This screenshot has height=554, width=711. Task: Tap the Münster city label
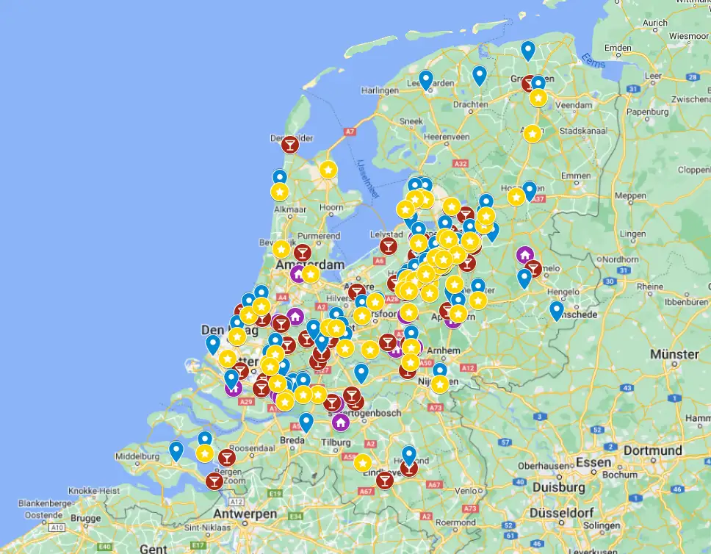pyautogui.click(x=674, y=354)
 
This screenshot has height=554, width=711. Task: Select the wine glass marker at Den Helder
pyautogui.click(x=290, y=144)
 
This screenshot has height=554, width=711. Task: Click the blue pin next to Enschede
pyautogui.click(x=557, y=310)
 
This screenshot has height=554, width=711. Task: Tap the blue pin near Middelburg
pyautogui.click(x=176, y=450)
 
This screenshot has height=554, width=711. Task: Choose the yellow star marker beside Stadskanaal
pyautogui.click(x=533, y=134)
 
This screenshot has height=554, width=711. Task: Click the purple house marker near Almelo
pyautogui.click(x=524, y=255)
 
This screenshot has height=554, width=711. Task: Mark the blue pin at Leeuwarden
pyautogui.click(x=426, y=79)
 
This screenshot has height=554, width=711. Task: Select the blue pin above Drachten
pyautogui.click(x=480, y=75)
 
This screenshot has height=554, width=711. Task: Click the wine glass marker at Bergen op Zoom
pyautogui.click(x=214, y=481)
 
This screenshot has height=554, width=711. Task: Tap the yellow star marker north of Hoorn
pyautogui.click(x=328, y=170)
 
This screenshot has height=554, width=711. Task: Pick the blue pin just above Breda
pyautogui.click(x=306, y=422)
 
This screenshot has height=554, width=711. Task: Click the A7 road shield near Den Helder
pyautogui.click(x=350, y=132)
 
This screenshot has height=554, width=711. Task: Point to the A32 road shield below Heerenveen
pyautogui.click(x=461, y=164)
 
